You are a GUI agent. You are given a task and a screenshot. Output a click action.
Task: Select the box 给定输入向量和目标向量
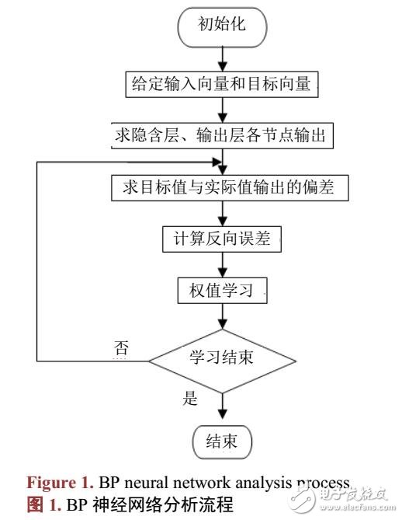[x=223, y=82]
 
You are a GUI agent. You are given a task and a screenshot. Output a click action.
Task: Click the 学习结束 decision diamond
[x=222, y=360]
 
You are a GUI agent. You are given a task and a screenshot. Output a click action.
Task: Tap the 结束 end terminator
[x=222, y=442]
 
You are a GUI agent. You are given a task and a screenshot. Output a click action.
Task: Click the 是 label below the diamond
[x=189, y=401]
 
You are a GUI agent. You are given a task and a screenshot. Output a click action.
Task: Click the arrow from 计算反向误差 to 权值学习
[x=223, y=264]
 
